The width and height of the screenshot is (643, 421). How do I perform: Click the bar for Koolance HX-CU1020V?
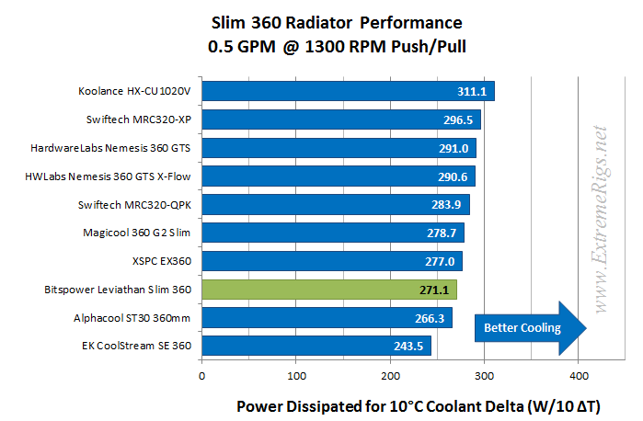(348, 91)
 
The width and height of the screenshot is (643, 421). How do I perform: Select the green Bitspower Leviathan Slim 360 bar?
(329, 290)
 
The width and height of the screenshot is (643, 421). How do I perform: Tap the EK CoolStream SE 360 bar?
(316, 347)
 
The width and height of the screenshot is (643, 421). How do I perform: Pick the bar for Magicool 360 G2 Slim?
(332, 233)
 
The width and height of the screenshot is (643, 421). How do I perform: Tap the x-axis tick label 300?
(484, 375)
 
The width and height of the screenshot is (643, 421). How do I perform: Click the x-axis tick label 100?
(295, 375)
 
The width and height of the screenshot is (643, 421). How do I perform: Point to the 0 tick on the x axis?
(201, 375)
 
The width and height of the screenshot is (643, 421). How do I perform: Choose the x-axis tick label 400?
(578, 375)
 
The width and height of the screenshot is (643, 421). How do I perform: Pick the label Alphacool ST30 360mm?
(132, 318)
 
